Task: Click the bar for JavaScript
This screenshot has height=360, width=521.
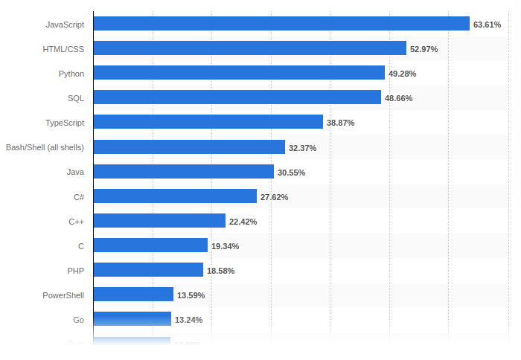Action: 281,24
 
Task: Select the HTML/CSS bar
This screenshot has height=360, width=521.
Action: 249,48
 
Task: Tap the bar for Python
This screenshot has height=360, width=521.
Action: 239,73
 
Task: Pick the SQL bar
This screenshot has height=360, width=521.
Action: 237,97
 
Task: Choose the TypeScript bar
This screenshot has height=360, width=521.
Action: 208,122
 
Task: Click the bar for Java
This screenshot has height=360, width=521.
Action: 183,171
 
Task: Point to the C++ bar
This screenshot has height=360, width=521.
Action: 159,220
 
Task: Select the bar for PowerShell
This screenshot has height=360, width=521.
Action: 133,294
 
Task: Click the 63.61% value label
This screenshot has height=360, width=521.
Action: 487,25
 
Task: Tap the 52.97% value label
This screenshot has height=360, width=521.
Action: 423,49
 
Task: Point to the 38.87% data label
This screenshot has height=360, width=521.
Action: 340,123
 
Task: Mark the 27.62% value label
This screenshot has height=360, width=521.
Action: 274,196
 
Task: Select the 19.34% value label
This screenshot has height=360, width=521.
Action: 225,245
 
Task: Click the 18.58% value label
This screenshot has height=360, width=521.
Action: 220,270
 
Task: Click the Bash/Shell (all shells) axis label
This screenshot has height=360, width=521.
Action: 45,147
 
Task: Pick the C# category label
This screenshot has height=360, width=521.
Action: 78,196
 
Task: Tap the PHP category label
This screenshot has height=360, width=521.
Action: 76,270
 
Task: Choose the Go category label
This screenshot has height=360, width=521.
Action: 78,319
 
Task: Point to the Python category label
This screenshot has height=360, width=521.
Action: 71,74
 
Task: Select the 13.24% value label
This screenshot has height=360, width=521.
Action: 188,319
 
